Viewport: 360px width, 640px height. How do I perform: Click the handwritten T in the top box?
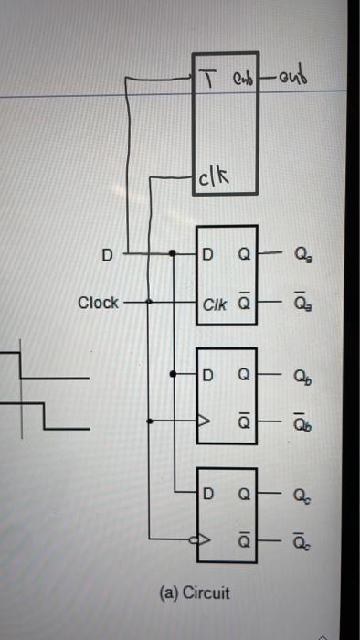point(207,63)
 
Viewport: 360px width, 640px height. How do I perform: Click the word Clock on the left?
point(98,303)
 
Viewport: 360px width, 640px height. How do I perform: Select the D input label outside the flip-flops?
point(107,255)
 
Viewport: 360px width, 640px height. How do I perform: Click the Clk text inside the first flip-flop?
point(216,303)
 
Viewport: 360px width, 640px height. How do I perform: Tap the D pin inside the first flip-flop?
point(209,254)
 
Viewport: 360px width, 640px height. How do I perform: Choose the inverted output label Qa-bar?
point(302,302)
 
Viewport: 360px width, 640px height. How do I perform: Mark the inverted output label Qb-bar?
point(302,421)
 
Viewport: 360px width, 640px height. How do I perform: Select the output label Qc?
point(302,496)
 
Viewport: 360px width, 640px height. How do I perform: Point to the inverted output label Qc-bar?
point(302,541)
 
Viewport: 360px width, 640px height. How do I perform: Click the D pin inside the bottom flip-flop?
point(209,495)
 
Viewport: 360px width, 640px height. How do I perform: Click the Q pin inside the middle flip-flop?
point(243,375)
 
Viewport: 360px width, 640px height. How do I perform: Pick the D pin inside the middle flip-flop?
point(209,375)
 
